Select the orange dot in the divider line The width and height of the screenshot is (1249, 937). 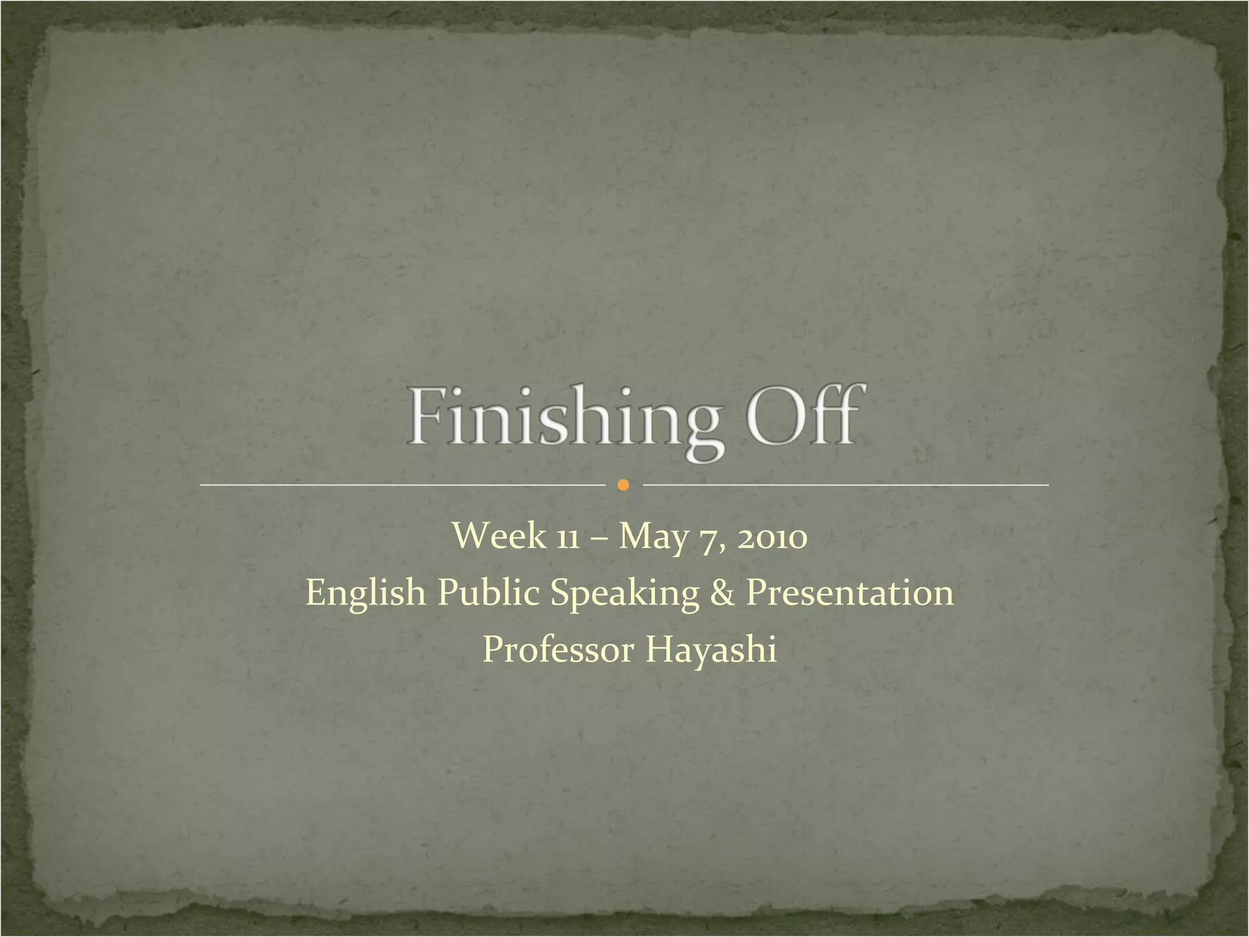click(x=623, y=485)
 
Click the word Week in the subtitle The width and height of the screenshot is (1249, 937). click(x=499, y=536)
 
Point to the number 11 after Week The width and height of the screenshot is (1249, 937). click(x=567, y=538)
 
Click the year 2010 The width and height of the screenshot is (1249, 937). click(x=772, y=537)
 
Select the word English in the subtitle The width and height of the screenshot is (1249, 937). click(x=365, y=592)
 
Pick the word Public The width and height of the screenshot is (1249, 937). click(x=488, y=592)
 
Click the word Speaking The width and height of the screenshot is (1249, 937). click(x=624, y=594)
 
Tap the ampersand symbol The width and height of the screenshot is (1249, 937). click(x=723, y=593)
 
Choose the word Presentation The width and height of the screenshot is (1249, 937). click(x=850, y=592)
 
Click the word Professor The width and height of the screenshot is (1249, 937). click(x=558, y=649)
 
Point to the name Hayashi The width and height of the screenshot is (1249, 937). click(x=711, y=650)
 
